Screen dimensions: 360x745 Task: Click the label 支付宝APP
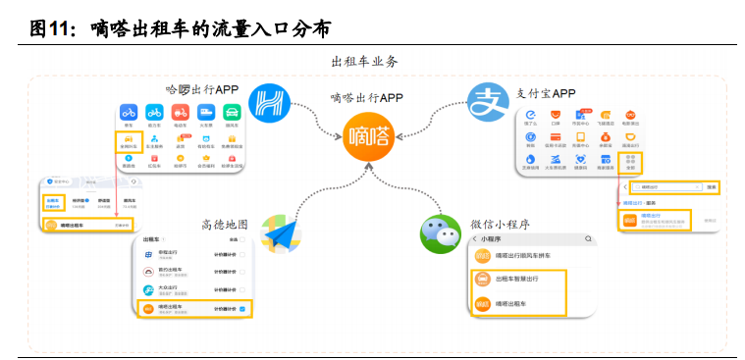(x=547, y=93)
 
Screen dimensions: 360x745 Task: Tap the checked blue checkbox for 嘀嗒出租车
(x=242, y=309)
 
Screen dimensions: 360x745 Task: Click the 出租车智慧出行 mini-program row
(x=518, y=280)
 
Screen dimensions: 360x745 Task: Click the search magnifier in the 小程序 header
(x=585, y=238)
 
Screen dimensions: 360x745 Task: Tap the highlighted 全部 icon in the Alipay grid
(x=633, y=162)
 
